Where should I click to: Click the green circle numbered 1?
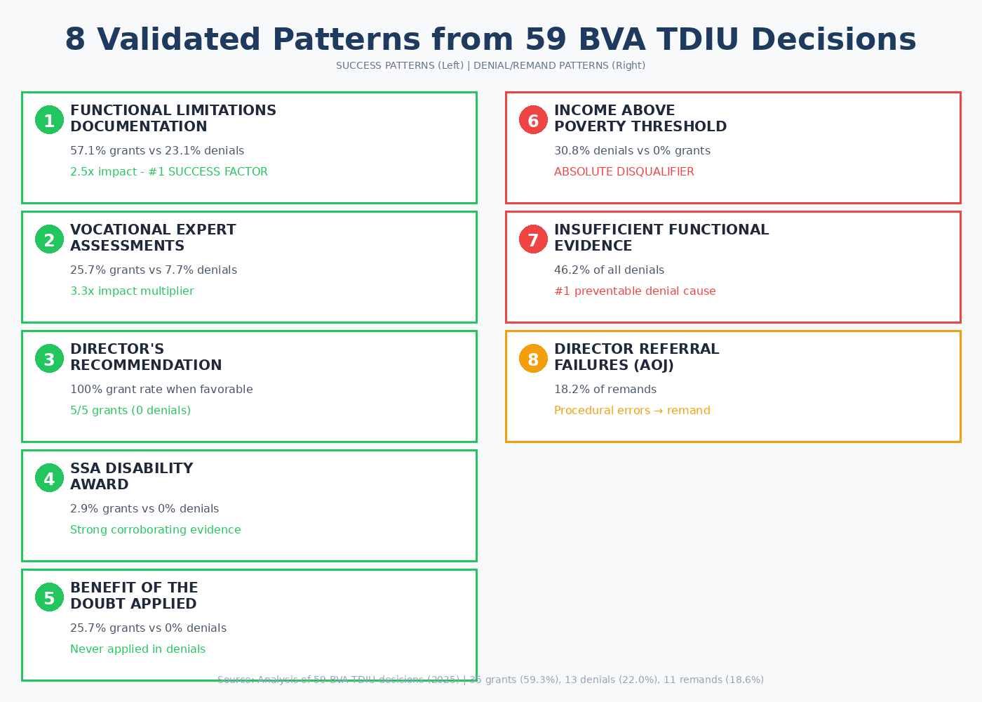tap(49, 120)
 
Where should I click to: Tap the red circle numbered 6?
tap(533, 120)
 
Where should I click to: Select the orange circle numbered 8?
tap(533, 359)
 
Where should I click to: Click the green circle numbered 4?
tap(49, 478)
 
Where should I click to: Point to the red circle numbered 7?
tap(533, 239)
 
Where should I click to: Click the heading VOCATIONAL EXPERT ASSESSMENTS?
tap(153, 238)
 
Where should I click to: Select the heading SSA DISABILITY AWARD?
tap(131, 477)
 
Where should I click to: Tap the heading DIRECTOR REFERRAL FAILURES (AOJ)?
tap(636, 357)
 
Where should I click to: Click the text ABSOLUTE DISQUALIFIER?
tap(624, 172)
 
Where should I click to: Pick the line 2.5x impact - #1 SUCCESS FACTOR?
tap(168, 172)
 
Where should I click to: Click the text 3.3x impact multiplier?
tap(132, 291)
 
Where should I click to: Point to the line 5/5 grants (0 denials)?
tap(130, 411)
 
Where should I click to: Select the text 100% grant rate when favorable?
tap(161, 390)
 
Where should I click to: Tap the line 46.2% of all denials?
tap(609, 270)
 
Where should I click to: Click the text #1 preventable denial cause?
tap(635, 291)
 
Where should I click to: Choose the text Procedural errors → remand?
tap(632, 411)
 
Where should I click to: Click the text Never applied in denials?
tap(137, 649)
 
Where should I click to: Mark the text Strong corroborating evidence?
tap(155, 530)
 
